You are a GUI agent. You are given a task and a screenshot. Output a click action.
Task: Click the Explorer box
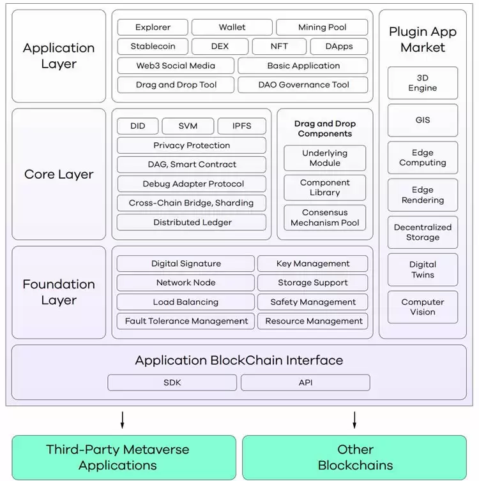click(153, 27)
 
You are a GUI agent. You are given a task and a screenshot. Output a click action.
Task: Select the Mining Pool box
click(322, 27)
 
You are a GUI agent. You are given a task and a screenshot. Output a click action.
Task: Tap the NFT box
click(278, 47)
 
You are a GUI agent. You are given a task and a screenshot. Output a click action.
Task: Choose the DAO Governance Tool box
click(303, 85)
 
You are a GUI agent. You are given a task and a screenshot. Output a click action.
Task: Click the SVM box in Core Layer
click(188, 126)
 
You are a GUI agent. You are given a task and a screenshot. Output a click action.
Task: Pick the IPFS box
click(241, 126)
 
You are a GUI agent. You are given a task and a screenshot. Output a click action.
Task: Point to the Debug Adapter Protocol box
click(192, 184)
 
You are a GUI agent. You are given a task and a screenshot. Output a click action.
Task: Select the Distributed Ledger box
click(192, 223)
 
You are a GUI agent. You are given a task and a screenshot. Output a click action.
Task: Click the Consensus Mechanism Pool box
click(324, 218)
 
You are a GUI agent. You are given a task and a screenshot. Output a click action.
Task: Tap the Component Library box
click(324, 188)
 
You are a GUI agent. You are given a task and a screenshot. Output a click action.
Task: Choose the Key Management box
click(312, 263)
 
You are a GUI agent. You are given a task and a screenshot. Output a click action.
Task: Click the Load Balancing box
click(185, 302)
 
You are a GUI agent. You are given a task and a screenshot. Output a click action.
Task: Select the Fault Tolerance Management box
click(186, 321)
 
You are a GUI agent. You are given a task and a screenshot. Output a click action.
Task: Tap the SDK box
click(172, 383)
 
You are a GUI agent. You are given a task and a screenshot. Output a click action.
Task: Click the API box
click(305, 383)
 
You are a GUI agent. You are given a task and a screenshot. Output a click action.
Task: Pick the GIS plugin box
click(423, 120)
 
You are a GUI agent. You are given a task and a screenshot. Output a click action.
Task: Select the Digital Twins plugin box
click(423, 270)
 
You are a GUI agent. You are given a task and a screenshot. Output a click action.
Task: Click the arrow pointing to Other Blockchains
click(354, 420)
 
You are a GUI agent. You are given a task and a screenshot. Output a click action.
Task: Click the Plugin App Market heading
click(422, 40)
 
